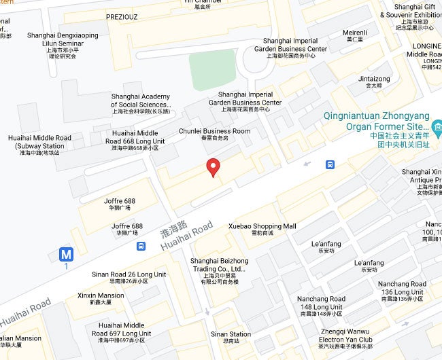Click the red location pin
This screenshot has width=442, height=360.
click(x=213, y=166)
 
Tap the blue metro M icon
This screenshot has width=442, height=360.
click(x=66, y=255)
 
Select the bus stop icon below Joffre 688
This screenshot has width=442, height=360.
click(x=141, y=246)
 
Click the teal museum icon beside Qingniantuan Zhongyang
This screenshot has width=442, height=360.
click(x=437, y=126)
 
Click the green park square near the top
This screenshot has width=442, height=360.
click(x=212, y=69)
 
